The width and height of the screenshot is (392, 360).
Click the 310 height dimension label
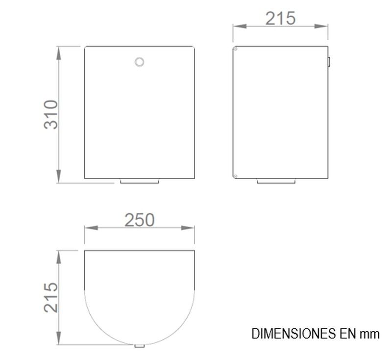(51, 115)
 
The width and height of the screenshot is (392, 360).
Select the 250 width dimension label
(140, 220)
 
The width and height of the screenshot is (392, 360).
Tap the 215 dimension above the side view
(280, 19)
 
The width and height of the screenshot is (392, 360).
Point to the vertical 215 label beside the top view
(51, 298)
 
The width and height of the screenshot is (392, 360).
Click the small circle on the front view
(139, 62)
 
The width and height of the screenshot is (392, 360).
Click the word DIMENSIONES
(294, 334)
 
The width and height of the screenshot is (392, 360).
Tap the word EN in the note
(347, 334)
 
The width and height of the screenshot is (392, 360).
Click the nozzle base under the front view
(140, 181)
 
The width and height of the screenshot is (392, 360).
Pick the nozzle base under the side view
(276, 181)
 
